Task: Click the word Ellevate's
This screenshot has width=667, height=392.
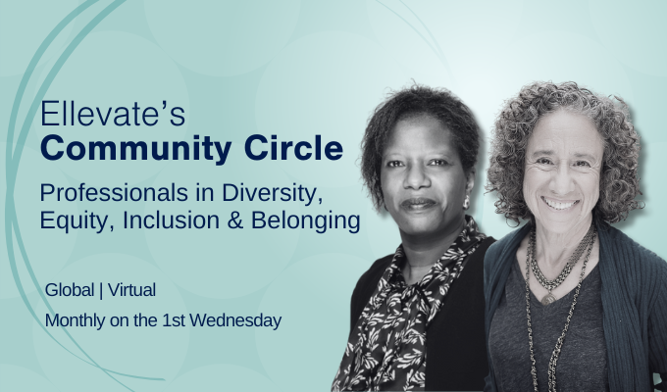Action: pos(100,117)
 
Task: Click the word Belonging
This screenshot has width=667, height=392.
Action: pos(312,220)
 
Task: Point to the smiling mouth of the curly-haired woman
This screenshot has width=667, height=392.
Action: pos(561,203)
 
